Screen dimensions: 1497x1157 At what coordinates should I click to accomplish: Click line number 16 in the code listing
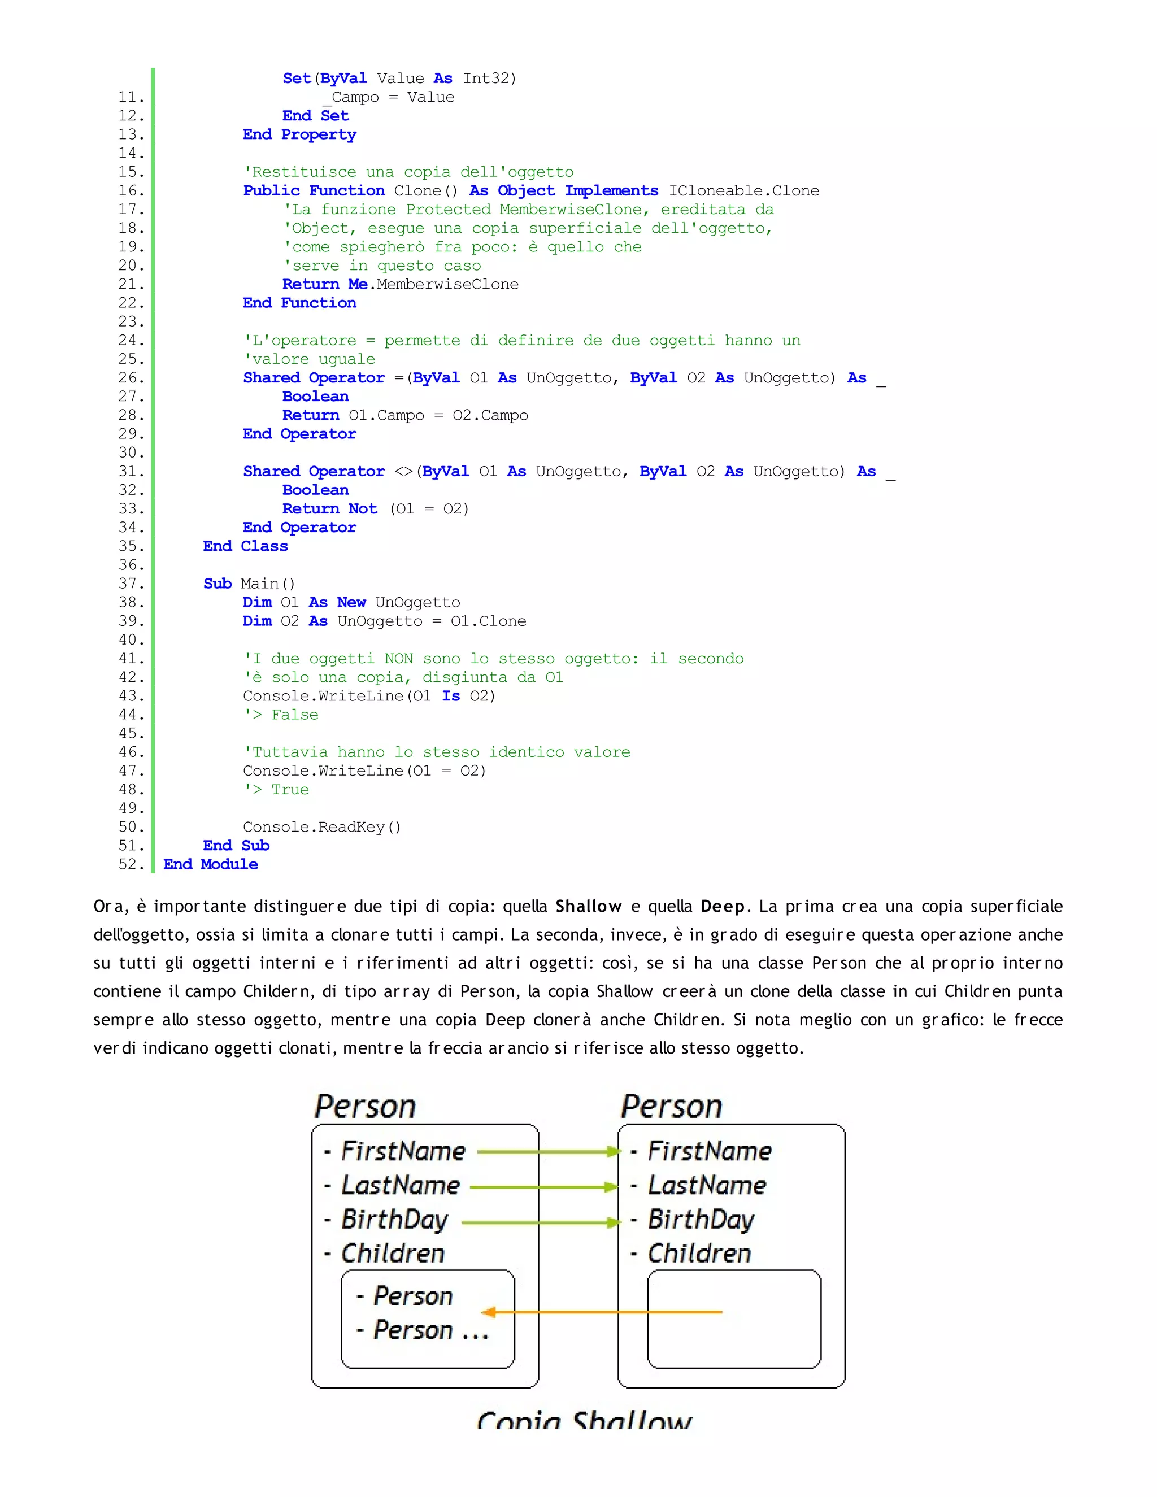point(131,190)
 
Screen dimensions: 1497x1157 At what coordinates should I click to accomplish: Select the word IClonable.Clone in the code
point(743,190)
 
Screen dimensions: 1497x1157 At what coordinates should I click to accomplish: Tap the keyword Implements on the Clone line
point(611,190)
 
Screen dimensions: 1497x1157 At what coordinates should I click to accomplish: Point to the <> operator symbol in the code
point(404,472)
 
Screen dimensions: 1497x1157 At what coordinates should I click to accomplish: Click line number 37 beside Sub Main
point(131,584)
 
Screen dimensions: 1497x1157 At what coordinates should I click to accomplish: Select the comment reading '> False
point(281,715)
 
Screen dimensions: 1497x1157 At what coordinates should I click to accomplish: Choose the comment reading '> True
point(276,790)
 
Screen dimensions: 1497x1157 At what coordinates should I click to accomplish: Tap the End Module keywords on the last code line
point(210,864)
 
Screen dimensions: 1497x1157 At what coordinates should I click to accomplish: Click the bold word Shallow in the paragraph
point(588,907)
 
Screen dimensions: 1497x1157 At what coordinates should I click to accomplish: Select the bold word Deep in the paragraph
point(723,907)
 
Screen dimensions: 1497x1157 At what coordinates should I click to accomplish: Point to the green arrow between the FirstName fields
point(549,1152)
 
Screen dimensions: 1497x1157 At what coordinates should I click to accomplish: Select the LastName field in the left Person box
point(401,1186)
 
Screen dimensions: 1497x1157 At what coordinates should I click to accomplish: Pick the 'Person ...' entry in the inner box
point(430,1330)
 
